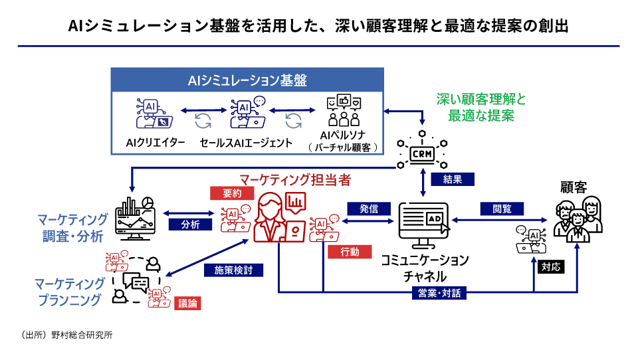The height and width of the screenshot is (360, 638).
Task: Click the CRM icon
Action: tap(422, 153)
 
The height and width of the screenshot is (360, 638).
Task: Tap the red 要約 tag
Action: tap(227, 193)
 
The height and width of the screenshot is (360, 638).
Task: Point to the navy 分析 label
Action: tap(190, 225)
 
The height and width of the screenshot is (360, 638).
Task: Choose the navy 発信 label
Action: tap(368, 209)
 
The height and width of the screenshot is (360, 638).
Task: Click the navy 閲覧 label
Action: tap(502, 209)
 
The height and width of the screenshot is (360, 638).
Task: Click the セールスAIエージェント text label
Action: tap(246, 142)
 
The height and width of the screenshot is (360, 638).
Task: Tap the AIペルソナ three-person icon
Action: tap(344, 112)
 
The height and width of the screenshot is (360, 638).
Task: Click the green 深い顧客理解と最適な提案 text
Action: tap(480, 107)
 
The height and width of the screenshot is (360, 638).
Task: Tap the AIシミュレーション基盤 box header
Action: tap(247, 81)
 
